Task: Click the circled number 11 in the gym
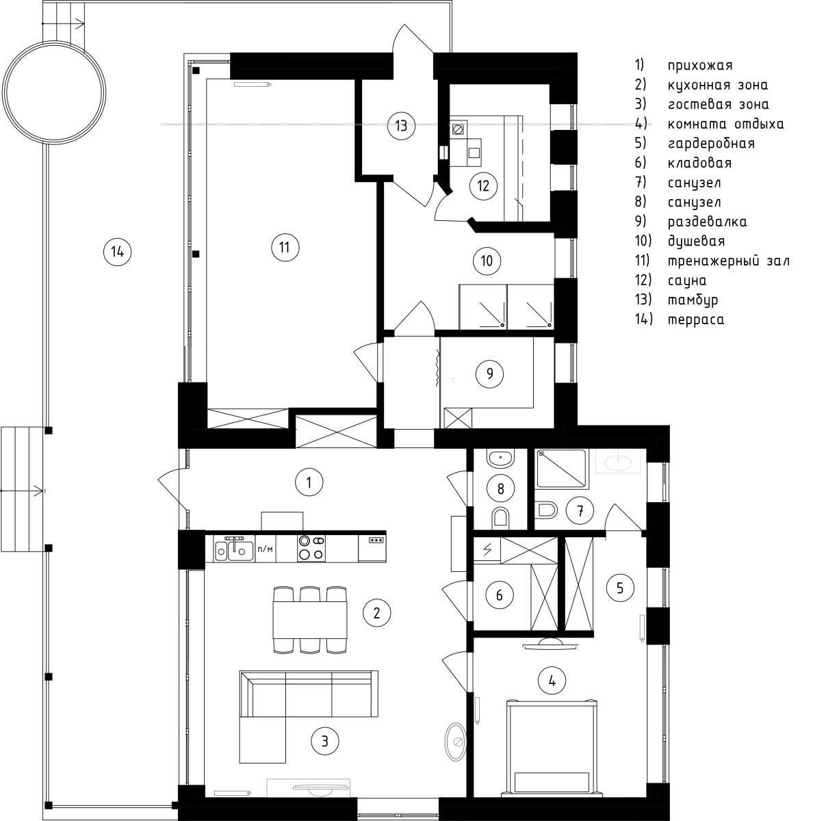[285, 247]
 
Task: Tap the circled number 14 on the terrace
[117, 252]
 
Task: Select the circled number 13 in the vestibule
[401, 126]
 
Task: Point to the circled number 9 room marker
[489, 374]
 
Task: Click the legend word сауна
[687, 281]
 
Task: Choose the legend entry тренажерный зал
[729, 261]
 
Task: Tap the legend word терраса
[696, 320]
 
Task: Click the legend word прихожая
[700, 66]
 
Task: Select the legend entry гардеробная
[711, 144]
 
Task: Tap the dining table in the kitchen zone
[310, 620]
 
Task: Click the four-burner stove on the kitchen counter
[311, 548]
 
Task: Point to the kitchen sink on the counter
[234, 549]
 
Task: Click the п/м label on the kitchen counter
[265, 549]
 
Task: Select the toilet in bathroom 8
[500, 517]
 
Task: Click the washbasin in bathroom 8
[500, 458]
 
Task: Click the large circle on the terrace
[54, 92]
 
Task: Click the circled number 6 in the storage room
[499, 595]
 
